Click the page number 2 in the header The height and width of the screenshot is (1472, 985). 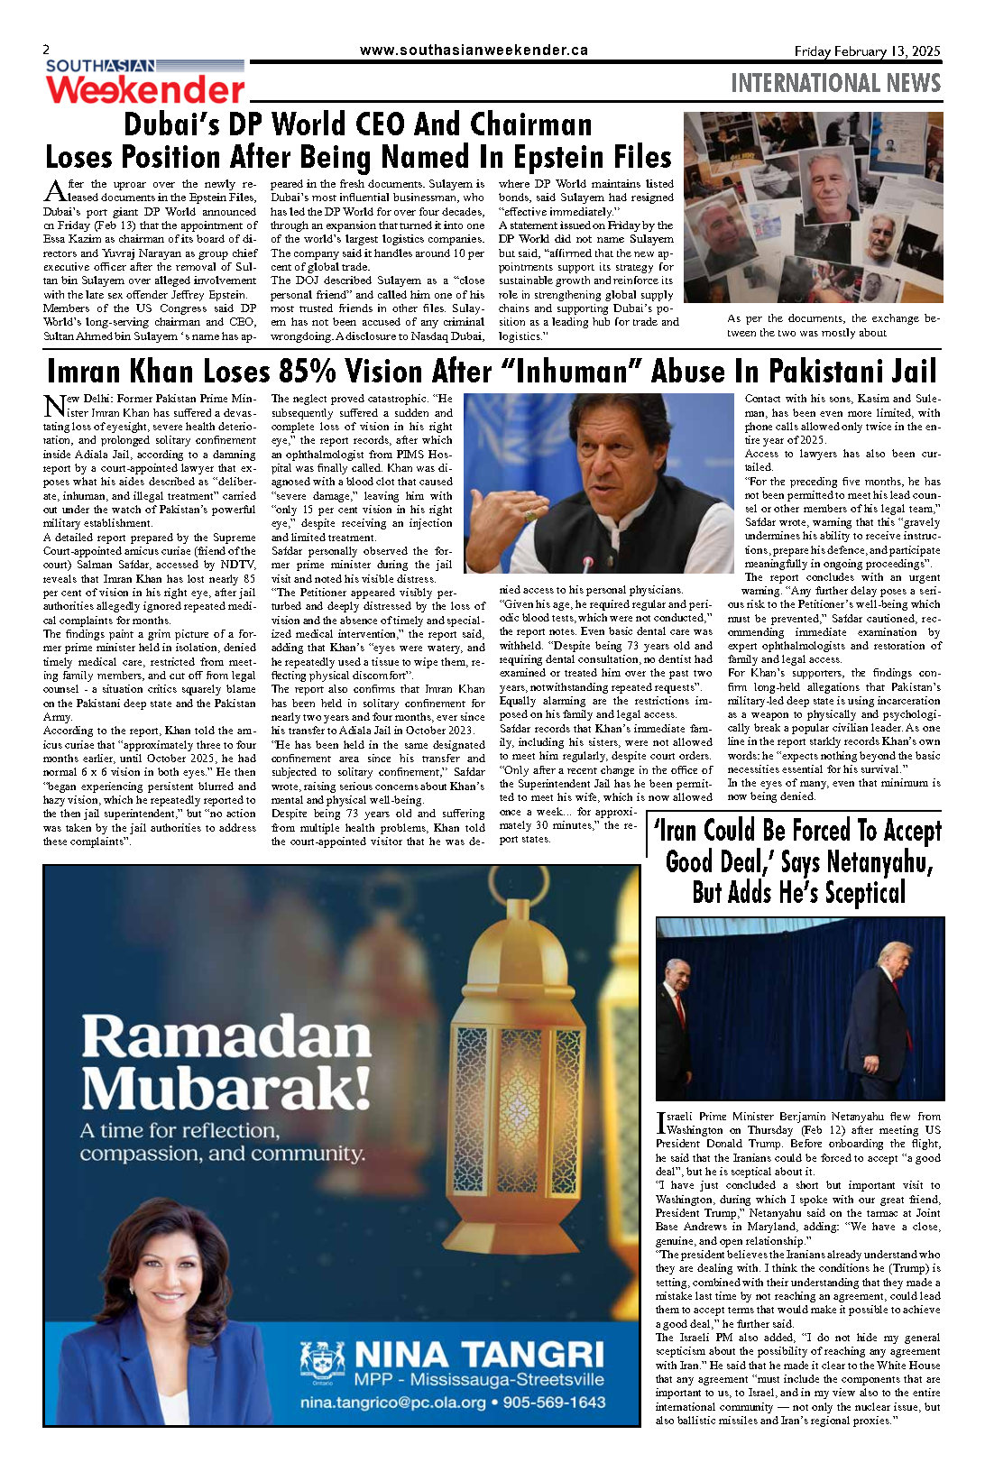click(x=46, y=51)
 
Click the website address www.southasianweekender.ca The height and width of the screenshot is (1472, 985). click(x=474, y=51)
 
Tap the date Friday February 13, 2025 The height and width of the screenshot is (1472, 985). click(x=867, y=51)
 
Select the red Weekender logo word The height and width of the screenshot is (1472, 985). click(x=145, y=90)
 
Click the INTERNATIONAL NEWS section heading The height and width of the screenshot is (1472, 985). click(x=835, y=84)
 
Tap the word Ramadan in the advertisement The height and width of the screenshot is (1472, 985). click(x=226, y=1036)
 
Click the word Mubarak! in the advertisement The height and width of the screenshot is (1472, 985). click(x=226, y=1089)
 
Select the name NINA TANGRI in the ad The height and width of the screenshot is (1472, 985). click(x=478, y=1355)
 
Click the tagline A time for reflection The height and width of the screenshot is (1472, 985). click(x=180, y=1130)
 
